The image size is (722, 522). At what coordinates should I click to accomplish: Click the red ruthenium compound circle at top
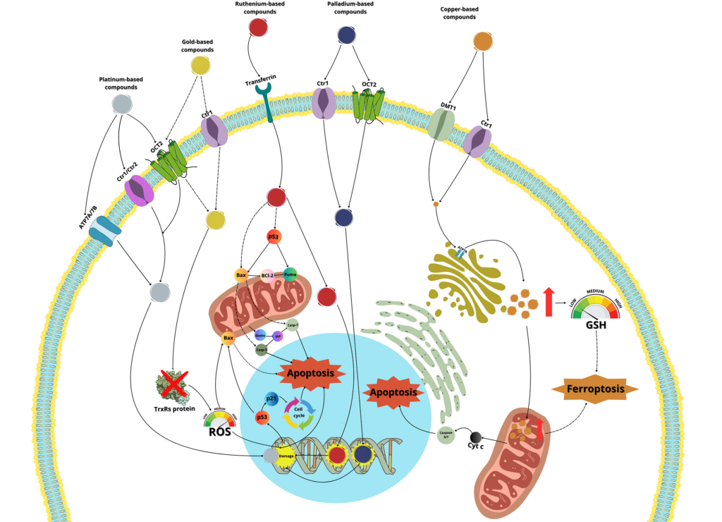click(258, 27)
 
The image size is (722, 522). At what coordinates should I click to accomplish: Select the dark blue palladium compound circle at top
click(346, 35)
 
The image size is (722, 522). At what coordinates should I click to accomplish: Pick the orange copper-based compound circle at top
click(483, 42)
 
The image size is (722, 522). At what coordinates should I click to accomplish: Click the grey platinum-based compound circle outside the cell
click(122, 105)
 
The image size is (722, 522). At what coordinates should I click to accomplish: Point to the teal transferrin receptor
click(267, 98)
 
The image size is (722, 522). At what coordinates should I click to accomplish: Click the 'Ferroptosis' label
click(594, 389)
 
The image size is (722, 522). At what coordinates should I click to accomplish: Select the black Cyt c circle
click(477, 438)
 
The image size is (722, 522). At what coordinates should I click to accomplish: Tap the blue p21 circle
click(271, 399)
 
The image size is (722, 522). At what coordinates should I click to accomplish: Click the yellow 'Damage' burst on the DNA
click(286, 456)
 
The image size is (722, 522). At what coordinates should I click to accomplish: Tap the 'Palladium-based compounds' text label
click(345, 8)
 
